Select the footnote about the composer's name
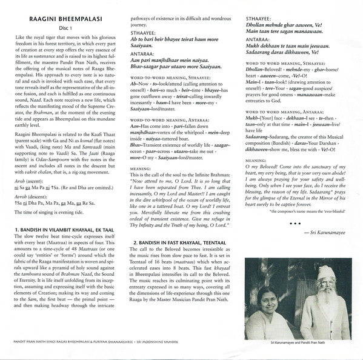click(308, 228)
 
